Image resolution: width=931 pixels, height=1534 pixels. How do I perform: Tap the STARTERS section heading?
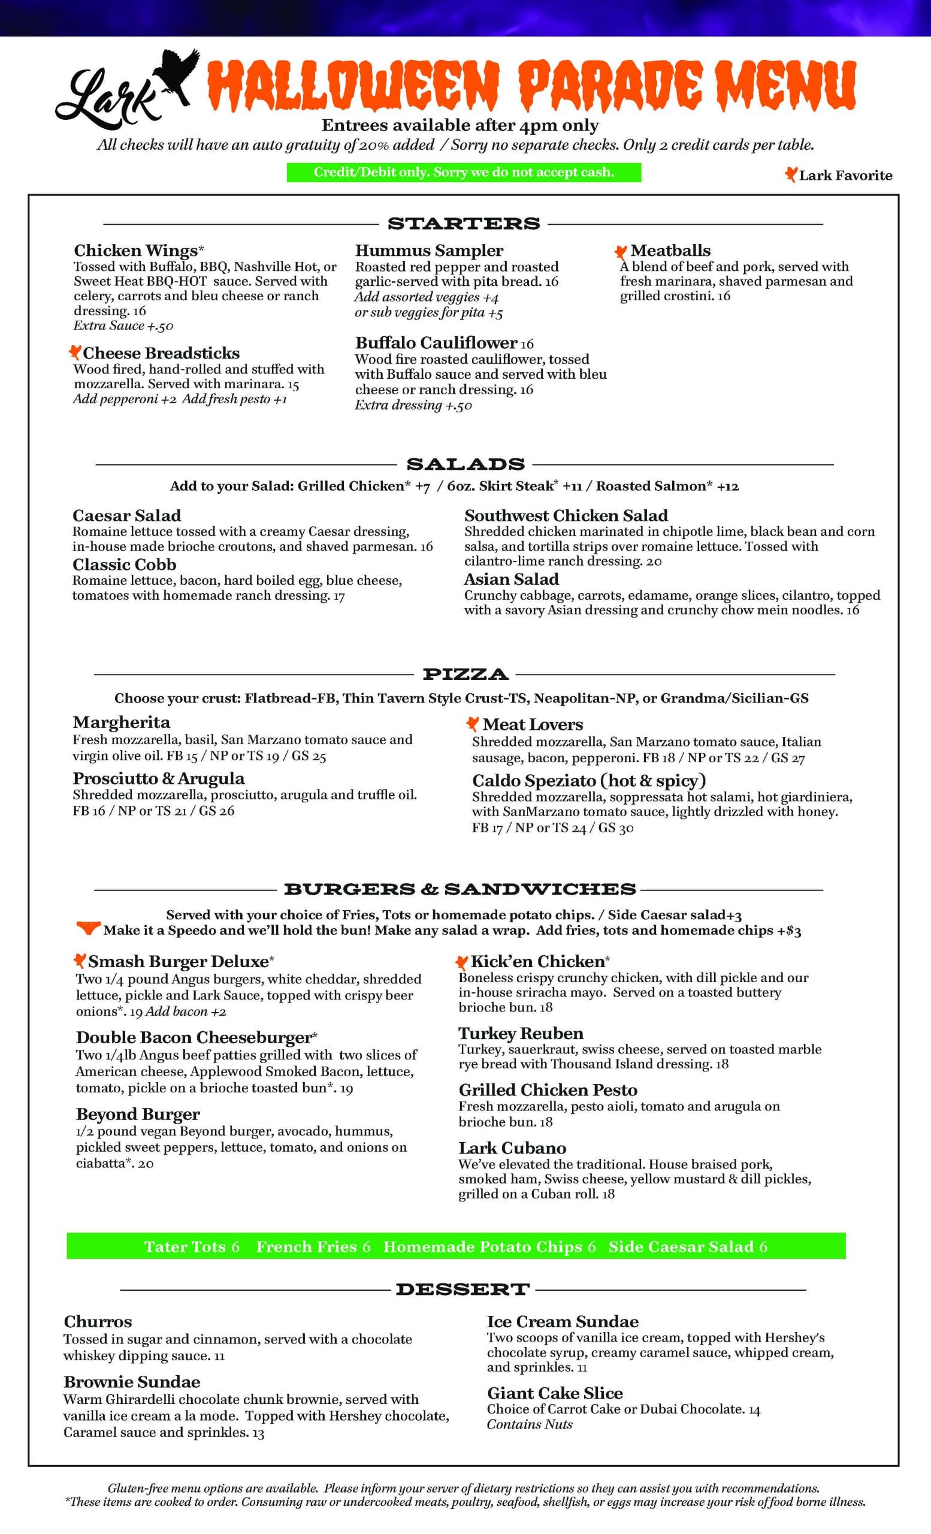(464, 224)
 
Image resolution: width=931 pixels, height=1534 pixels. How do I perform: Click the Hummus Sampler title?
(429, 250)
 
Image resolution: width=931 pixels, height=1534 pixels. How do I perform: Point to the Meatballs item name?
(670, 250)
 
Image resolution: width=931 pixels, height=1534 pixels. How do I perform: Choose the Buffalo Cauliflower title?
(436, 342)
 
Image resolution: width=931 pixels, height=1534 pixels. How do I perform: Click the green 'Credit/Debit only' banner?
(464, 173)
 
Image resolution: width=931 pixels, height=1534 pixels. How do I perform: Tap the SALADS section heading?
(465, 464)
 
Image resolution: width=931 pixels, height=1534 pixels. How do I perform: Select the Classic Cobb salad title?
(125, 564)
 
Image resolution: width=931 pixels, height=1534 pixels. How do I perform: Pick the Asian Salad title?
(511, 579)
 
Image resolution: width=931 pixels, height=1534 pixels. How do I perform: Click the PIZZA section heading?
(465, 674)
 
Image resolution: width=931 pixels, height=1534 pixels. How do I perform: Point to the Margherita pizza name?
(122, 722)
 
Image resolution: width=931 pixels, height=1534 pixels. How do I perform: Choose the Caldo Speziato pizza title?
(589, 780)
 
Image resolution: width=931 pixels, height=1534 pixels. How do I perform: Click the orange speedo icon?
(87, 928)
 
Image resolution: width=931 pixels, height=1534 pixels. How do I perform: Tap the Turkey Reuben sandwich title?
(521, 1034)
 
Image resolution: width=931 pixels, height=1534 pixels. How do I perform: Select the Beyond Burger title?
(138, 1114)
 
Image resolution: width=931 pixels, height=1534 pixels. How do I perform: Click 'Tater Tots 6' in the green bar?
(192, 1246)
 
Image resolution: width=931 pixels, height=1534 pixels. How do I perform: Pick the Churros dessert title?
(98, 1321)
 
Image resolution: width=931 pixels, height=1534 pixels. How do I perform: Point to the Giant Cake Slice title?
(555, 1393)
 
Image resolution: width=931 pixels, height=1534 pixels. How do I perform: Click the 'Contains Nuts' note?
(530, 1424)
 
